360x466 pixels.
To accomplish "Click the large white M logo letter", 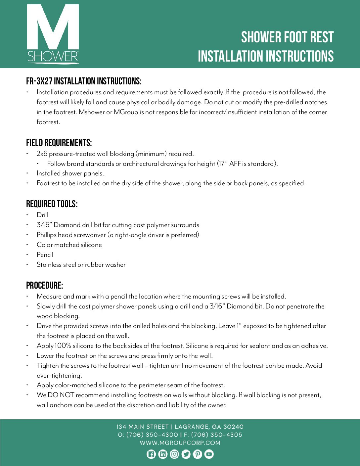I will [x=53, y=28].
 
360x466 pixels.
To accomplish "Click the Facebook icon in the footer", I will [x=151, y=454].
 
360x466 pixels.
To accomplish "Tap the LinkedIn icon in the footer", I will [x=163, y=454].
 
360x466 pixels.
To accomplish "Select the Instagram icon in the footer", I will [x=174, y=454].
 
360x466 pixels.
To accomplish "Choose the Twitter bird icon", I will [x=186, y=454].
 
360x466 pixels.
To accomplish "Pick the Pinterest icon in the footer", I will [x=198, y=454].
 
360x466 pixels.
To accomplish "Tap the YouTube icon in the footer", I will [x=209, y=454].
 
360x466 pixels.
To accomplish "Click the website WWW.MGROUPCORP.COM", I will [x=180, y=443].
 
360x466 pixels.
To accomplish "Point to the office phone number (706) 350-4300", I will [x=152, y=435].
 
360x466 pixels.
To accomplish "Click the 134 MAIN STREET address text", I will [x=143, y=427].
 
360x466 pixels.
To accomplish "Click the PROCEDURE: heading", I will [x=45, y=286].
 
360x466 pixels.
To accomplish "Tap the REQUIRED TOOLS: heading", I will [x=52, y=204].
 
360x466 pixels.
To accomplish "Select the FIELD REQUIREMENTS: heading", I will [x=59, y=143].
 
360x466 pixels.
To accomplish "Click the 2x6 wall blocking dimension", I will [x=42, y=154].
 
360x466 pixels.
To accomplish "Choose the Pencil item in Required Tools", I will [x=45, y=255].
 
